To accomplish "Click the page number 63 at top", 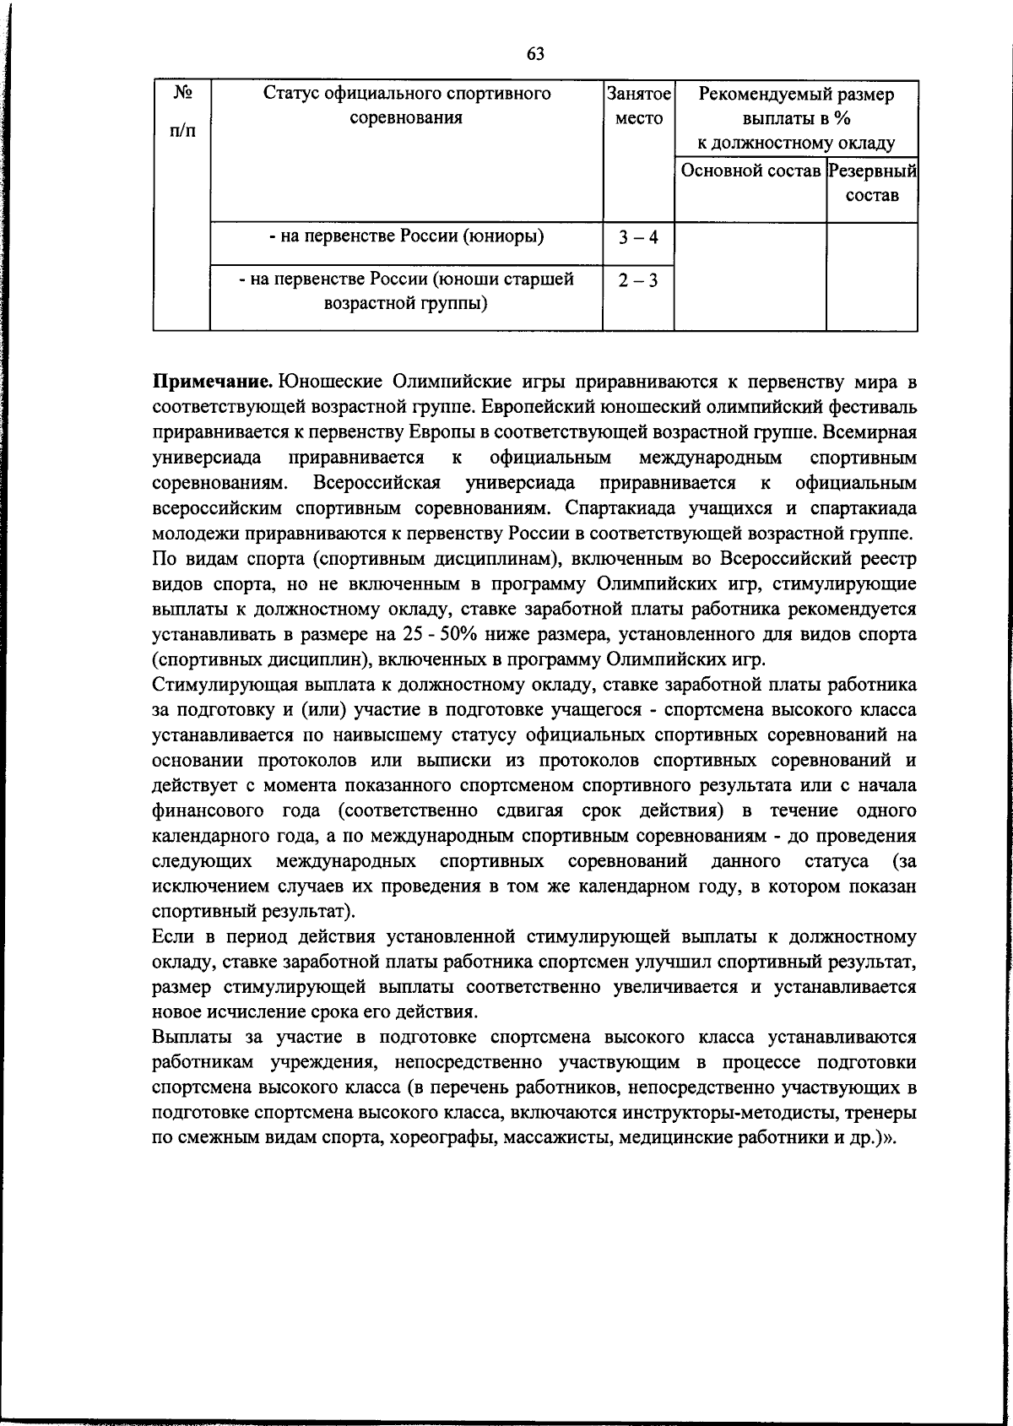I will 535,55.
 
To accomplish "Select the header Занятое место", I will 638,106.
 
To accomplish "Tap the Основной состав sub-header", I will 750,171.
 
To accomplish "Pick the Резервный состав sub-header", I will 872,183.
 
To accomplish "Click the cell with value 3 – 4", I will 637,238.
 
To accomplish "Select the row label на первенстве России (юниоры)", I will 406,236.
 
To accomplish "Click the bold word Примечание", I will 213,381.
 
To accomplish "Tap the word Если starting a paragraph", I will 173,936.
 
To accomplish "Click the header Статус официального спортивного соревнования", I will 406,106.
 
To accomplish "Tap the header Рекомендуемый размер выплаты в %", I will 796,106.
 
